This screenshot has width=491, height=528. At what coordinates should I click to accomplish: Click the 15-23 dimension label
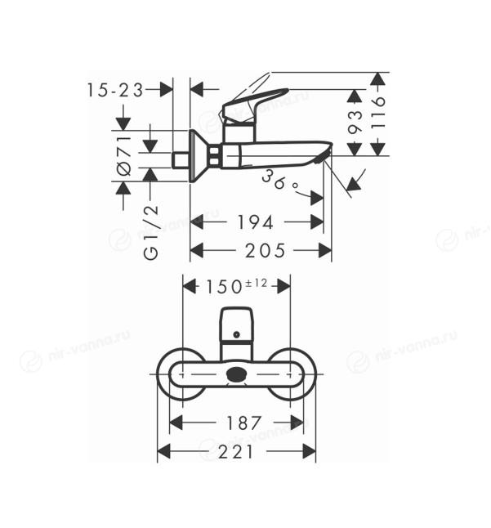[115, 90]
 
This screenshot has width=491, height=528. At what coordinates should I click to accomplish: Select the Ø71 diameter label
[124, 156]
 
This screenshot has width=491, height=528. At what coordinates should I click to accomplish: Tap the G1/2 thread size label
[151, 232]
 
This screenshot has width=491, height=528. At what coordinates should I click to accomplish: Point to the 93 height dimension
[355, 122]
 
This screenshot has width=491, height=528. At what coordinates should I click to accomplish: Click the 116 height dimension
[378, 113]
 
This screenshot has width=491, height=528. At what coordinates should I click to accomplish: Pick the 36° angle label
[280, 181]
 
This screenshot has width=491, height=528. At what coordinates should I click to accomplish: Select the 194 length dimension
[256, 222]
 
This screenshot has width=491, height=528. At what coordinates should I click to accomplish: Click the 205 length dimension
[265, 251]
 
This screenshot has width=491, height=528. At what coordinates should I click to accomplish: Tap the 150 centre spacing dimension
[224, 287]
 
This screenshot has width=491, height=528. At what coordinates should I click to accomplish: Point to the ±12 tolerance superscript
[256, 283]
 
